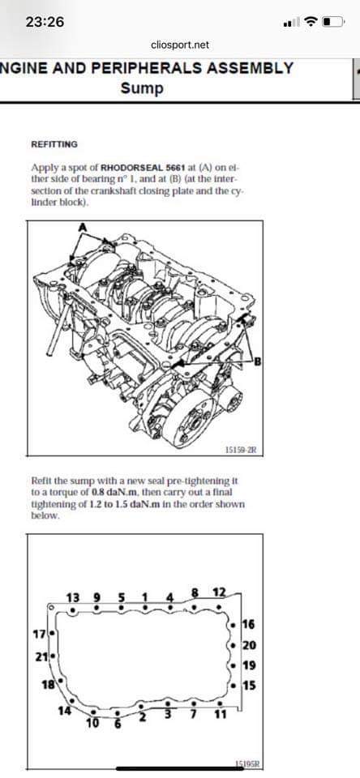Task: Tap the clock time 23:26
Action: pos(45,22)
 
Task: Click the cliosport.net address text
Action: pos(180,45)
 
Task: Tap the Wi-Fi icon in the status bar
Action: pos(311,22)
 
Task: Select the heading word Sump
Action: pos(142,89)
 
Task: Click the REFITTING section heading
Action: pos(54,144)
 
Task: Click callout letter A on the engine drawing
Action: pos(83,226)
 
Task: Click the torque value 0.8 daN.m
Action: pos(112,492)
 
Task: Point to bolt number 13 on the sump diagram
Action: pos(73,596)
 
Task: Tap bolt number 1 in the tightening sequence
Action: pos(145,596)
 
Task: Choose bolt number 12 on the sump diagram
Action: pos(219,592)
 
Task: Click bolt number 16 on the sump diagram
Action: pos(249,624)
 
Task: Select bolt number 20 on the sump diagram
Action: pos(249,646)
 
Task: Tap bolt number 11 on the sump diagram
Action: pos(221,715)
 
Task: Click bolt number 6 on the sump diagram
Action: pos(118,724)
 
